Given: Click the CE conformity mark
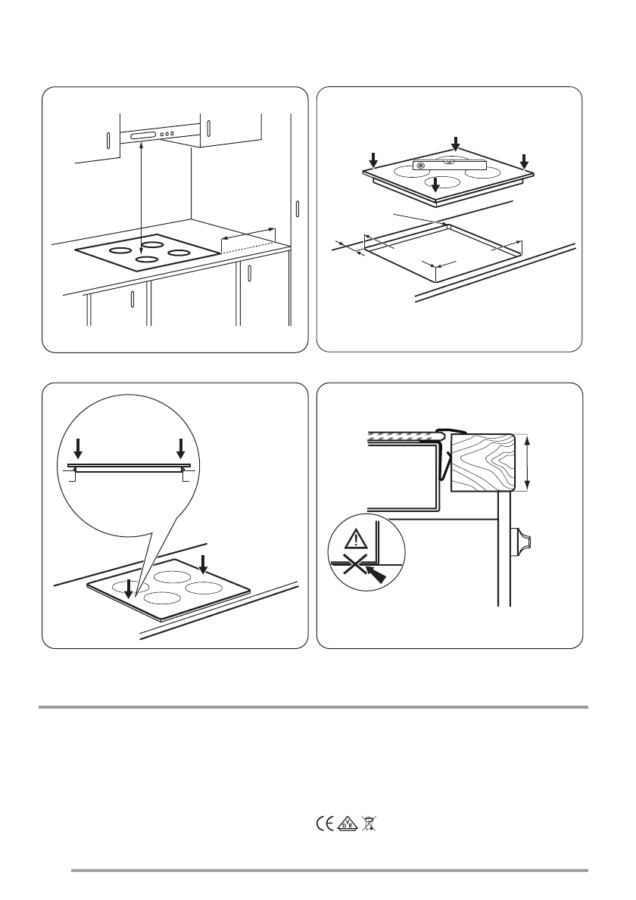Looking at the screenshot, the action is pos(325,824).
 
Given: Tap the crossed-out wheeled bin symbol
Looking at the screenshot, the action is pos(369,824).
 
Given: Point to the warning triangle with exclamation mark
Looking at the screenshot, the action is pos(357,539).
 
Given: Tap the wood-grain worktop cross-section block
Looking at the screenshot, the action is pos(482,463).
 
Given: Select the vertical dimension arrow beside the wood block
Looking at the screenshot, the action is pos(528,463).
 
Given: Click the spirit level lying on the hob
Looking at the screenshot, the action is pos(450,166).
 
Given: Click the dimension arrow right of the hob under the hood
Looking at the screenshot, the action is pos(248,234).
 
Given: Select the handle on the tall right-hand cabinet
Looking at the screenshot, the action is pos(298,208).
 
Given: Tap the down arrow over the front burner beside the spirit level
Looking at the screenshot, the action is pos(436,185).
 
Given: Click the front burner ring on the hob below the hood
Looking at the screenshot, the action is pos(147,259).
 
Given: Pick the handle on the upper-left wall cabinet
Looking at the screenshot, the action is pos(108,141).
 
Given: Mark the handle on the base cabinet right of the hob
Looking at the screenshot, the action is pos(249,272).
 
